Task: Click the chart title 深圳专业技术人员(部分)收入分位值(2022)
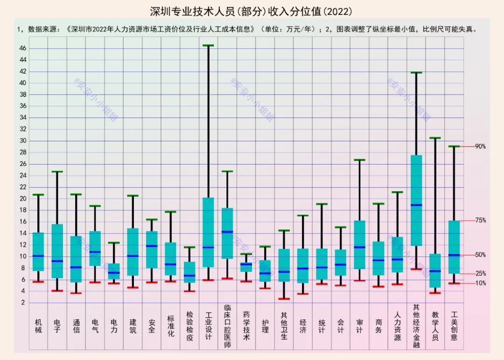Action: (x=251, y=11)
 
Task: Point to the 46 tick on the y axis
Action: (x=23, y=48)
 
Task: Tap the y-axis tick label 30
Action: (x=23, y=141)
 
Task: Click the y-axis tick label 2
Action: (x=23, y=303)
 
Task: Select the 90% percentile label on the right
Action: (x=480, y=146)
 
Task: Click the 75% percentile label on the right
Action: (x=480, y=221)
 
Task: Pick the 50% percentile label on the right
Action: (x=480, y=255)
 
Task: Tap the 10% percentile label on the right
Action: (x=480, y=283)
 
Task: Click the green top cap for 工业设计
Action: (x=208, y=46)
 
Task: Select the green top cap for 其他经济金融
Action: (x=416, y=73)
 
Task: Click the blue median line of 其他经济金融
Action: (x=416, y=205)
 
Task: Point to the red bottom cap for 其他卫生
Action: (x=284, y=299)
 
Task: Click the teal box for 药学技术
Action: (x=246, y=267)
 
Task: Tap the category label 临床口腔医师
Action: (x=227, y=326)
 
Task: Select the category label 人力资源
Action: (x=397, y=326)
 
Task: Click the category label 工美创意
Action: (x=454, y=326)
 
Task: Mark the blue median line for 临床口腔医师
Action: (x=227, y=232)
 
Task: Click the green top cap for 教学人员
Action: (x=435, y=138)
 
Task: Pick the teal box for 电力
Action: (x=114, y=271)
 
